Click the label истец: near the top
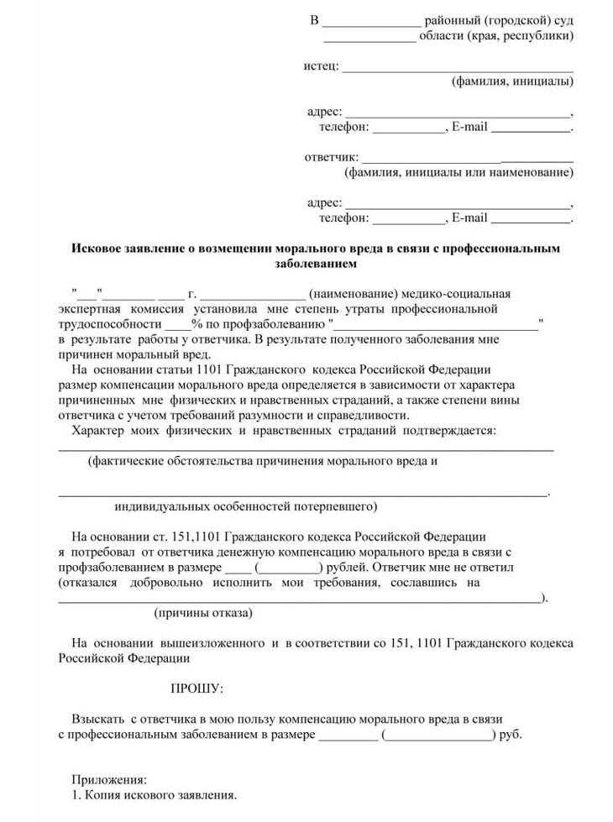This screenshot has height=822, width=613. coord(321,65)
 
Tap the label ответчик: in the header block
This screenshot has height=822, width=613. coord(331,157)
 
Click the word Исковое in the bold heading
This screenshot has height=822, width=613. coord(100,249)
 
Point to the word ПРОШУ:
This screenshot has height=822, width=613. coord(197,688)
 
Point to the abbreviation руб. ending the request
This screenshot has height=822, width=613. coord(511,735)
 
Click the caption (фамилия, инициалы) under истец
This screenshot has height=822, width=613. coord(512,81)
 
